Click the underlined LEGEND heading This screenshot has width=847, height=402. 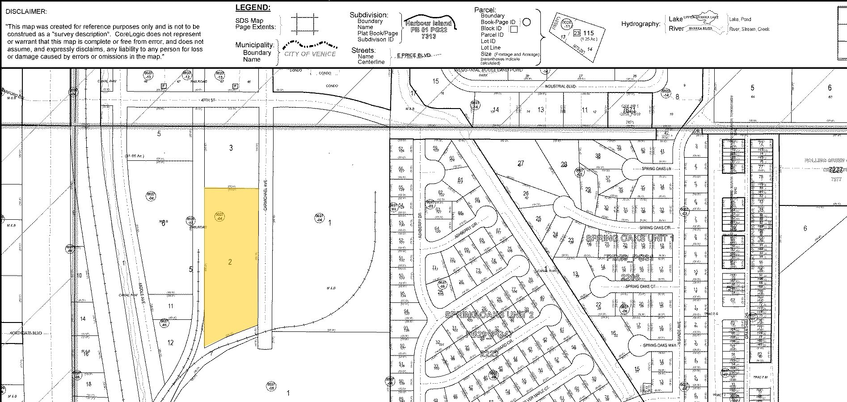point(253,8)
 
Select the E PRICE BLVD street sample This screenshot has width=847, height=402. point(413,55)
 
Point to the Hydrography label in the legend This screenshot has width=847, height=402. point(641,24)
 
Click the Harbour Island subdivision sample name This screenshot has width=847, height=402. point(428,23)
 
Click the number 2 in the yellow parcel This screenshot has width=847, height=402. point(230,262)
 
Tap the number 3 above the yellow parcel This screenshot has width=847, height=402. point(231,148)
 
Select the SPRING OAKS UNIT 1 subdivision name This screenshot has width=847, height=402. point(629,239)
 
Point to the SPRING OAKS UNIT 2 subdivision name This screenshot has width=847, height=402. point(489,314)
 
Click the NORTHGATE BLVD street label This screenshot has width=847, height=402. point(26,333)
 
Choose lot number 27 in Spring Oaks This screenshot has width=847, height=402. point(521,163)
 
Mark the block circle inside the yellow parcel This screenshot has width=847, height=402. point(219,217)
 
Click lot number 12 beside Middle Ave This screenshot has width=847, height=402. point(170,343)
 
